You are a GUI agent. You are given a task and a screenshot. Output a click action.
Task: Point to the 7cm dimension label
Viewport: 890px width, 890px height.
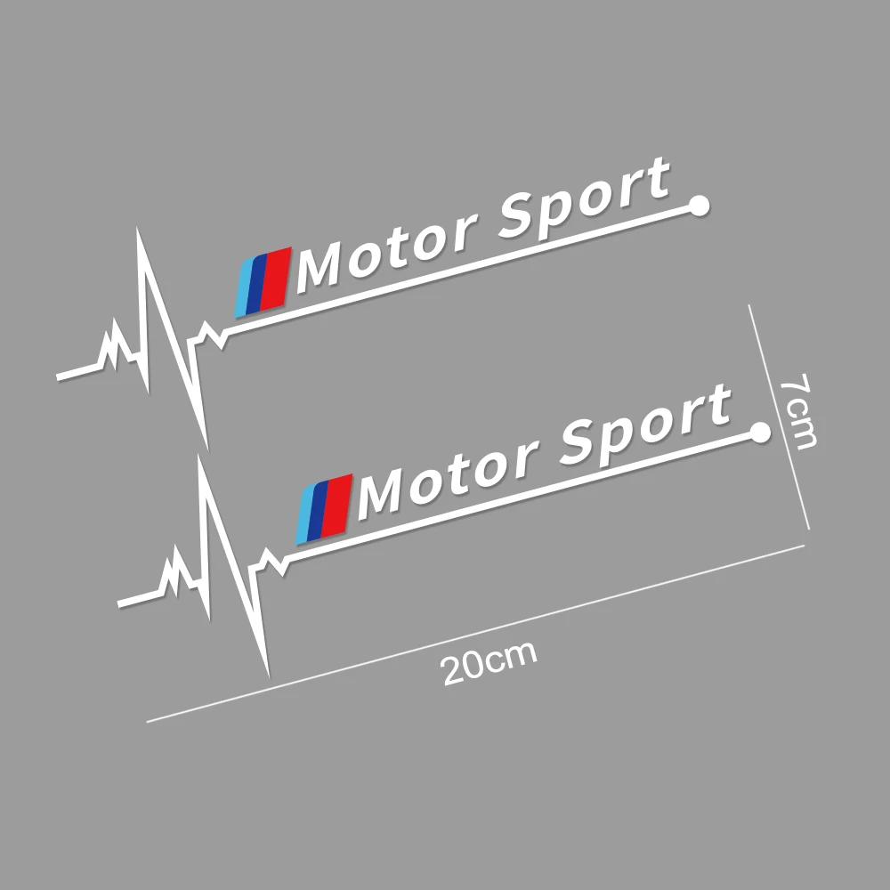[795, 411]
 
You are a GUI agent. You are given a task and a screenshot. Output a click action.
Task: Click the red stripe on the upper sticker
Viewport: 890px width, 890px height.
[279, 277]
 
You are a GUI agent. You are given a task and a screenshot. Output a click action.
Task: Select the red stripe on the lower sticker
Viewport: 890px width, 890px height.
[340, 505]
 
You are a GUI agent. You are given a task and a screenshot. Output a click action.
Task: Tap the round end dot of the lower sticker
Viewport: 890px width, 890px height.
[760, 433]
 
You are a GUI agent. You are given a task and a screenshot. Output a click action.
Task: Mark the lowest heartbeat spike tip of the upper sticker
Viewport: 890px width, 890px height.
[206, 442]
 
